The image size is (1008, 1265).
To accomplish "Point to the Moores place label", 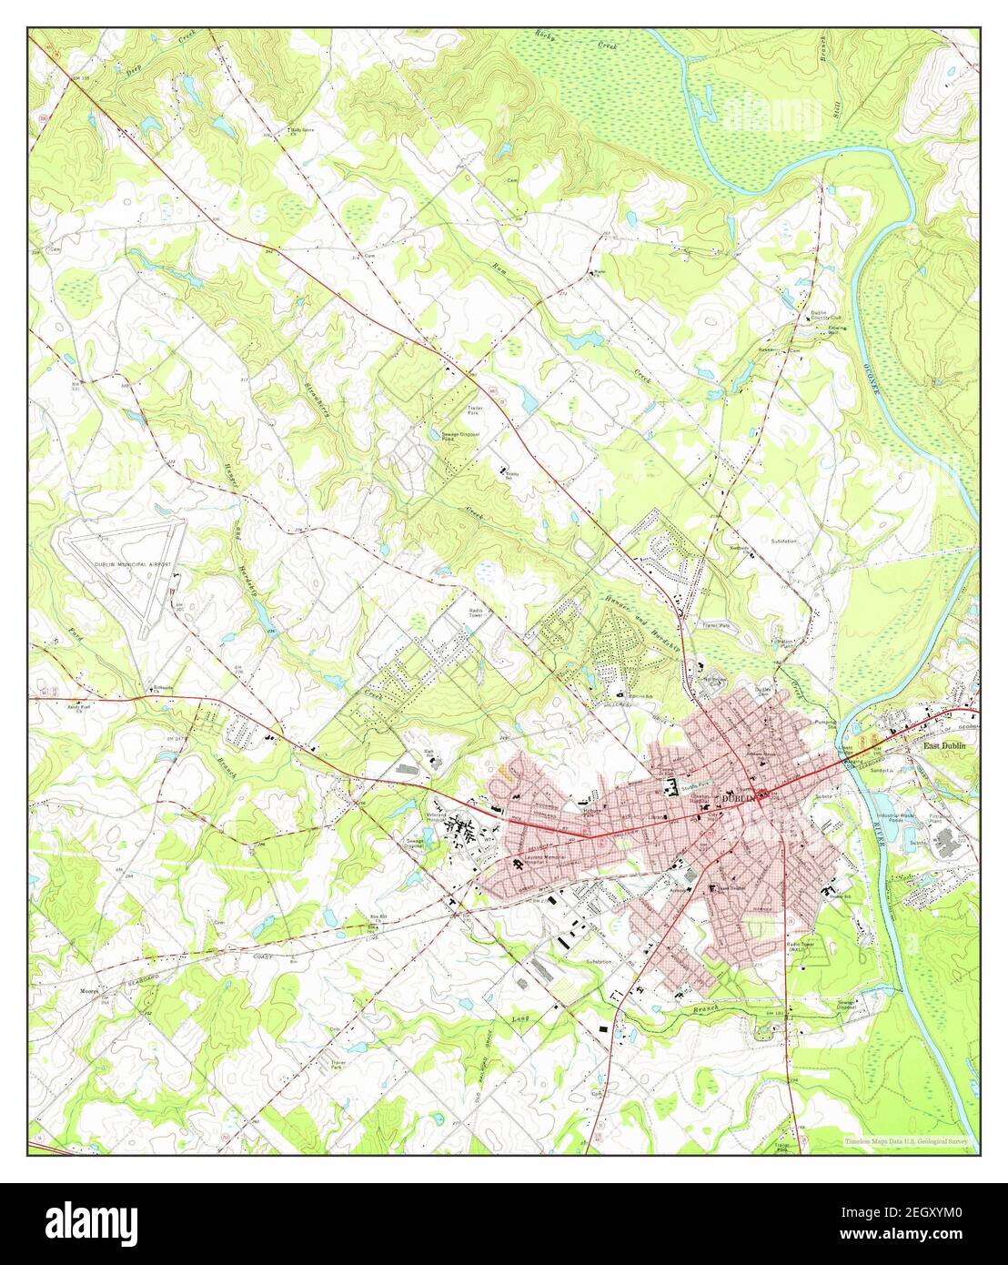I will tap(88, 990).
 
